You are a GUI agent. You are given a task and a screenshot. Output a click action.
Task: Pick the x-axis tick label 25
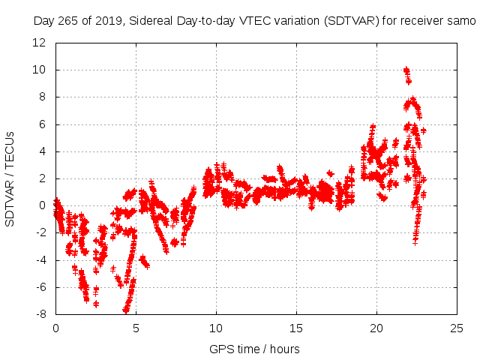coord(457,328)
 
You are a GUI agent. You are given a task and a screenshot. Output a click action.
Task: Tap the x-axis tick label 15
coord(296,328)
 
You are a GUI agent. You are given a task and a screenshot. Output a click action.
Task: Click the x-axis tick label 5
coord(136,328)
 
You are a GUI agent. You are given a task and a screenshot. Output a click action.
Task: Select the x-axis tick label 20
coord(376,328)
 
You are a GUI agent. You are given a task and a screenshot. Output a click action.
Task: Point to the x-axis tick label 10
coord(216,328)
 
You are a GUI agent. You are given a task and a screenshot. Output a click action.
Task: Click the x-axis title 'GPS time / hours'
coord(254,349)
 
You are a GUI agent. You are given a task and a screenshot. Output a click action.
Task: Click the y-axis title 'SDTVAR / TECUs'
coord(10,178)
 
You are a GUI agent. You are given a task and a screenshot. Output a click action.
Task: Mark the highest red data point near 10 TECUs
coord(406,70)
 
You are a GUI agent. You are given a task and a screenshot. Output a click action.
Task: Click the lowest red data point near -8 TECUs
coord(126,310)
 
